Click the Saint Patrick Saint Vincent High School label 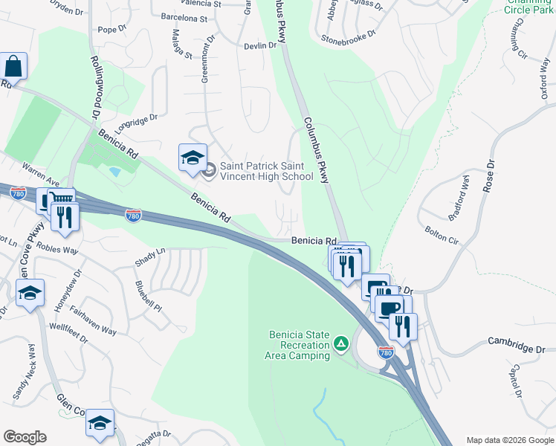coord(266,172)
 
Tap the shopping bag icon coord(14,66)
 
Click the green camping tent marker coord(340,343)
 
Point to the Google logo coord(25,437)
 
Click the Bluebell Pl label coord(149,295)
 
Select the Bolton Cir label coord(442,236)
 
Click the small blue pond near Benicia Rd coord(114,172)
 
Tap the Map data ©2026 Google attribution coord(510,439)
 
